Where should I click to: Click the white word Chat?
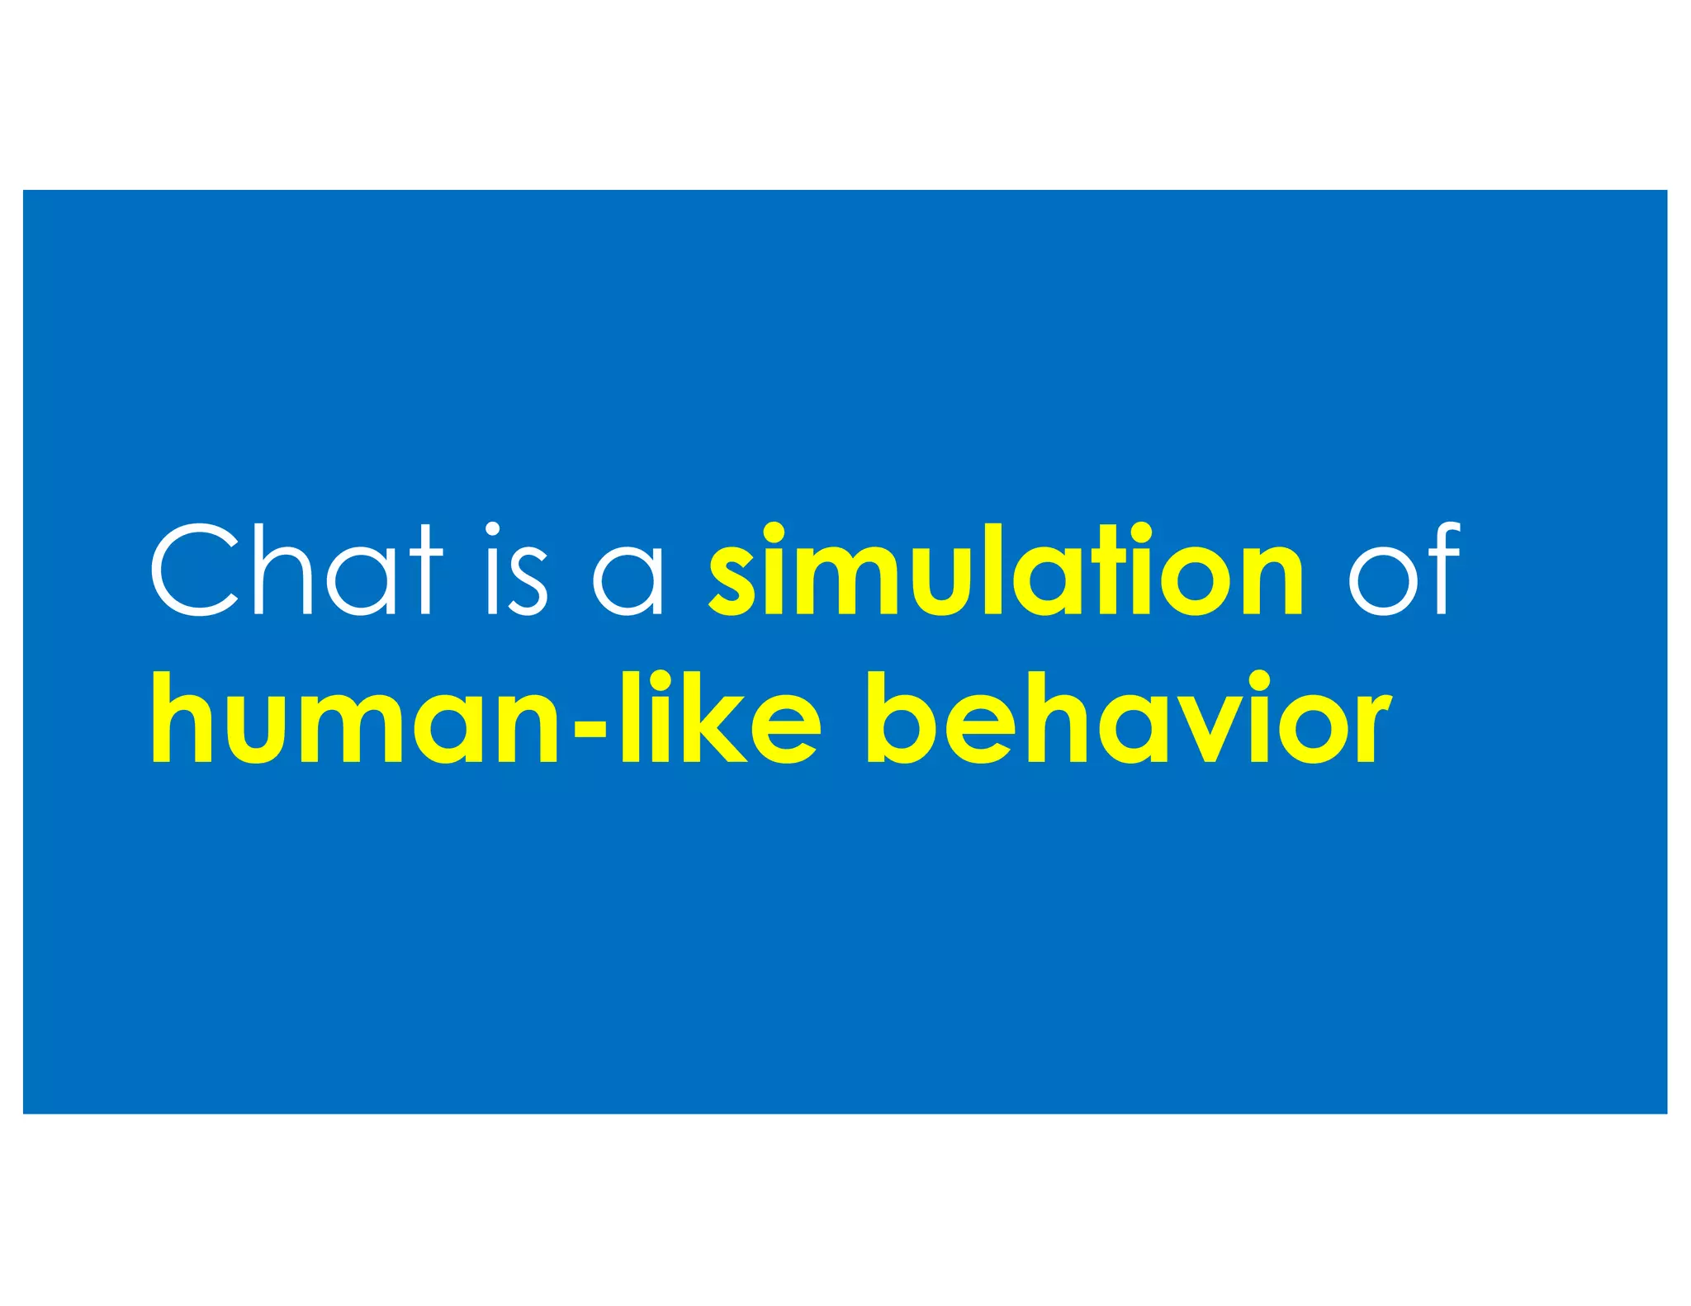pyautogui.click(x=296, y=570)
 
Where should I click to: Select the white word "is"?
pyautogui.click(x=516, y=570)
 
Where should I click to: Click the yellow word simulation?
pyautogui.click(x=1006, y=570)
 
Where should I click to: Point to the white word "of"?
pyautogui.click(x=1404, y=570)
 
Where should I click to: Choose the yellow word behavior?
pyautogui.click(x=1129, y=717)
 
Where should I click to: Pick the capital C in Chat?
pyautogui.click(x=195, y=570)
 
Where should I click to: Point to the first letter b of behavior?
pyautogui.click(x=902, y=717)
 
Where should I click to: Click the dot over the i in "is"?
pyautogui.click(x=493, y=529)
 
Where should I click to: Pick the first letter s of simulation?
pyautogui.click(x=732, y=582)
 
